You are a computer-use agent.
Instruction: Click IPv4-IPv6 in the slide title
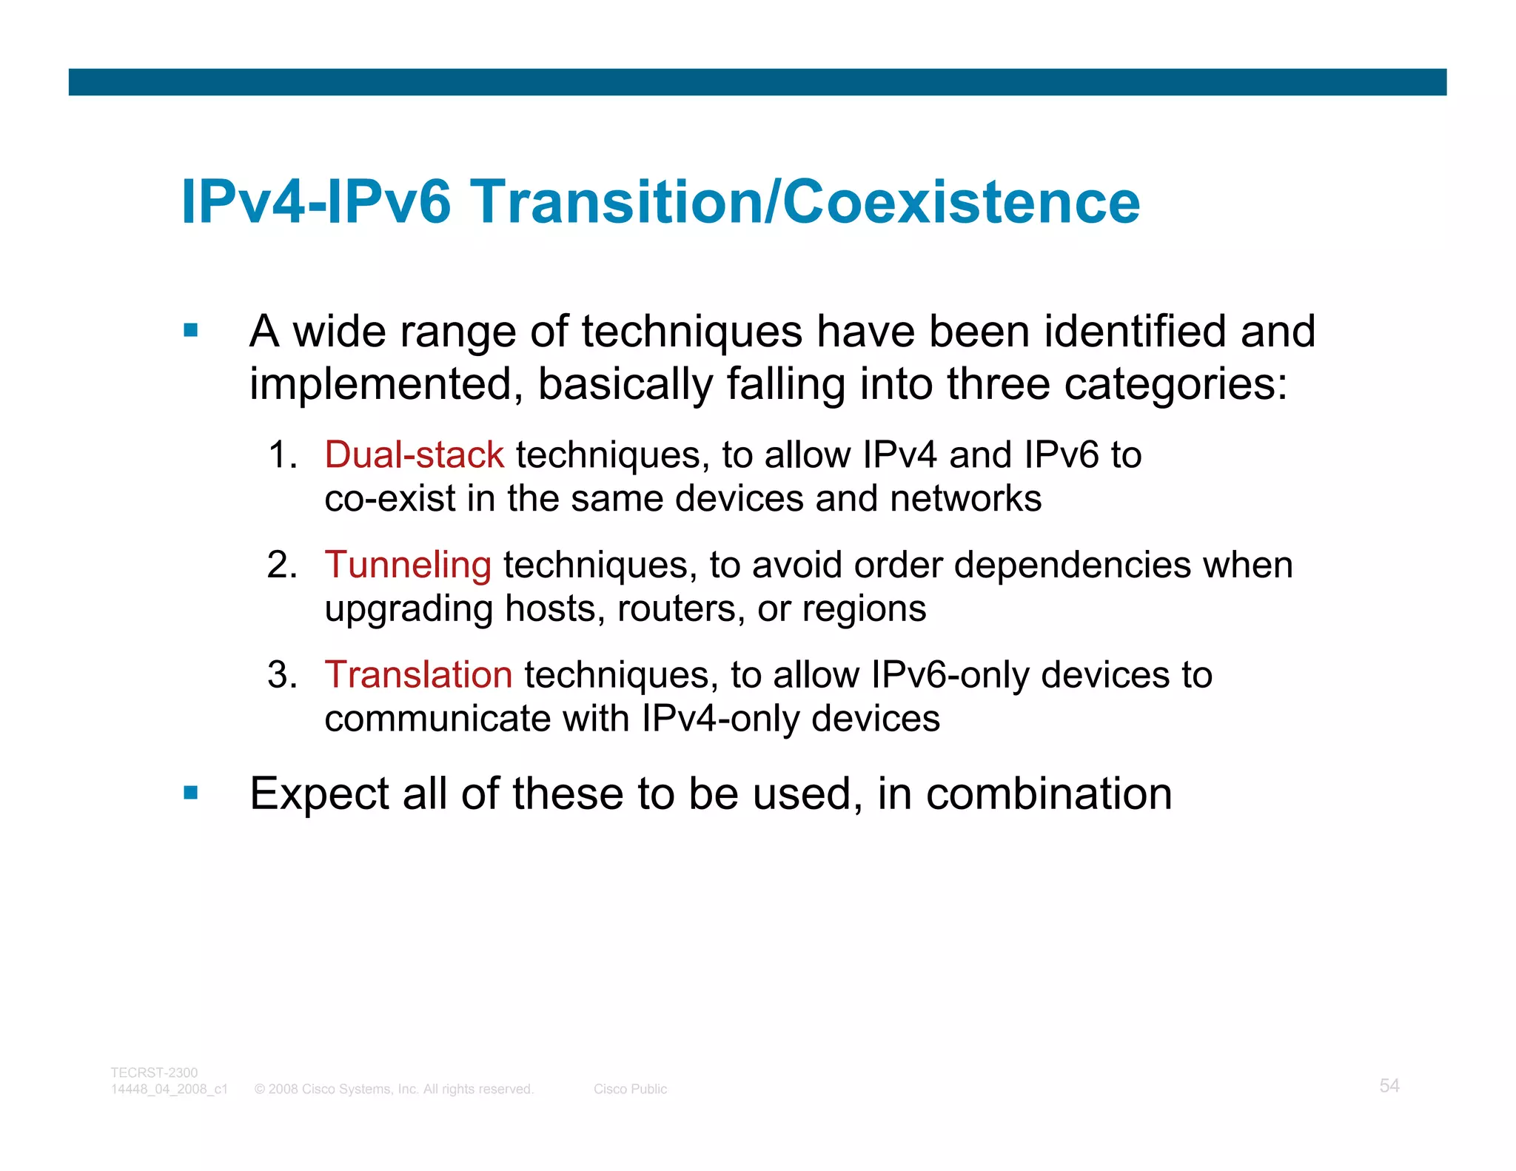316,201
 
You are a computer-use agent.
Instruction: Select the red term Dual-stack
415,454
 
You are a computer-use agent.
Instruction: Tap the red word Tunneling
408,565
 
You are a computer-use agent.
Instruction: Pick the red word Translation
418,675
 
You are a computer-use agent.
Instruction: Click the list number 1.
281,454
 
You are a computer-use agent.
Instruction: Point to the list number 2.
281,565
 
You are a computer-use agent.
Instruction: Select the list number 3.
281,675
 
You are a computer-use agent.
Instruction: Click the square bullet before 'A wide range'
191,330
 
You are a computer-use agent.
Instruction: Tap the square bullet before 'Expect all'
191,793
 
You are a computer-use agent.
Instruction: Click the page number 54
1389,1086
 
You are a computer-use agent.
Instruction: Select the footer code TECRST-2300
154,1073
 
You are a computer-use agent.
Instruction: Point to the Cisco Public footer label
630,1090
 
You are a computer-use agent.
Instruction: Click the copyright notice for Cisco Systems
394,1090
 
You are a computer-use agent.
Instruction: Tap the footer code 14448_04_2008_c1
170,1090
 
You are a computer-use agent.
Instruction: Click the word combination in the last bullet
1049,794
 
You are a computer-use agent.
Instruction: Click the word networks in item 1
965,498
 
